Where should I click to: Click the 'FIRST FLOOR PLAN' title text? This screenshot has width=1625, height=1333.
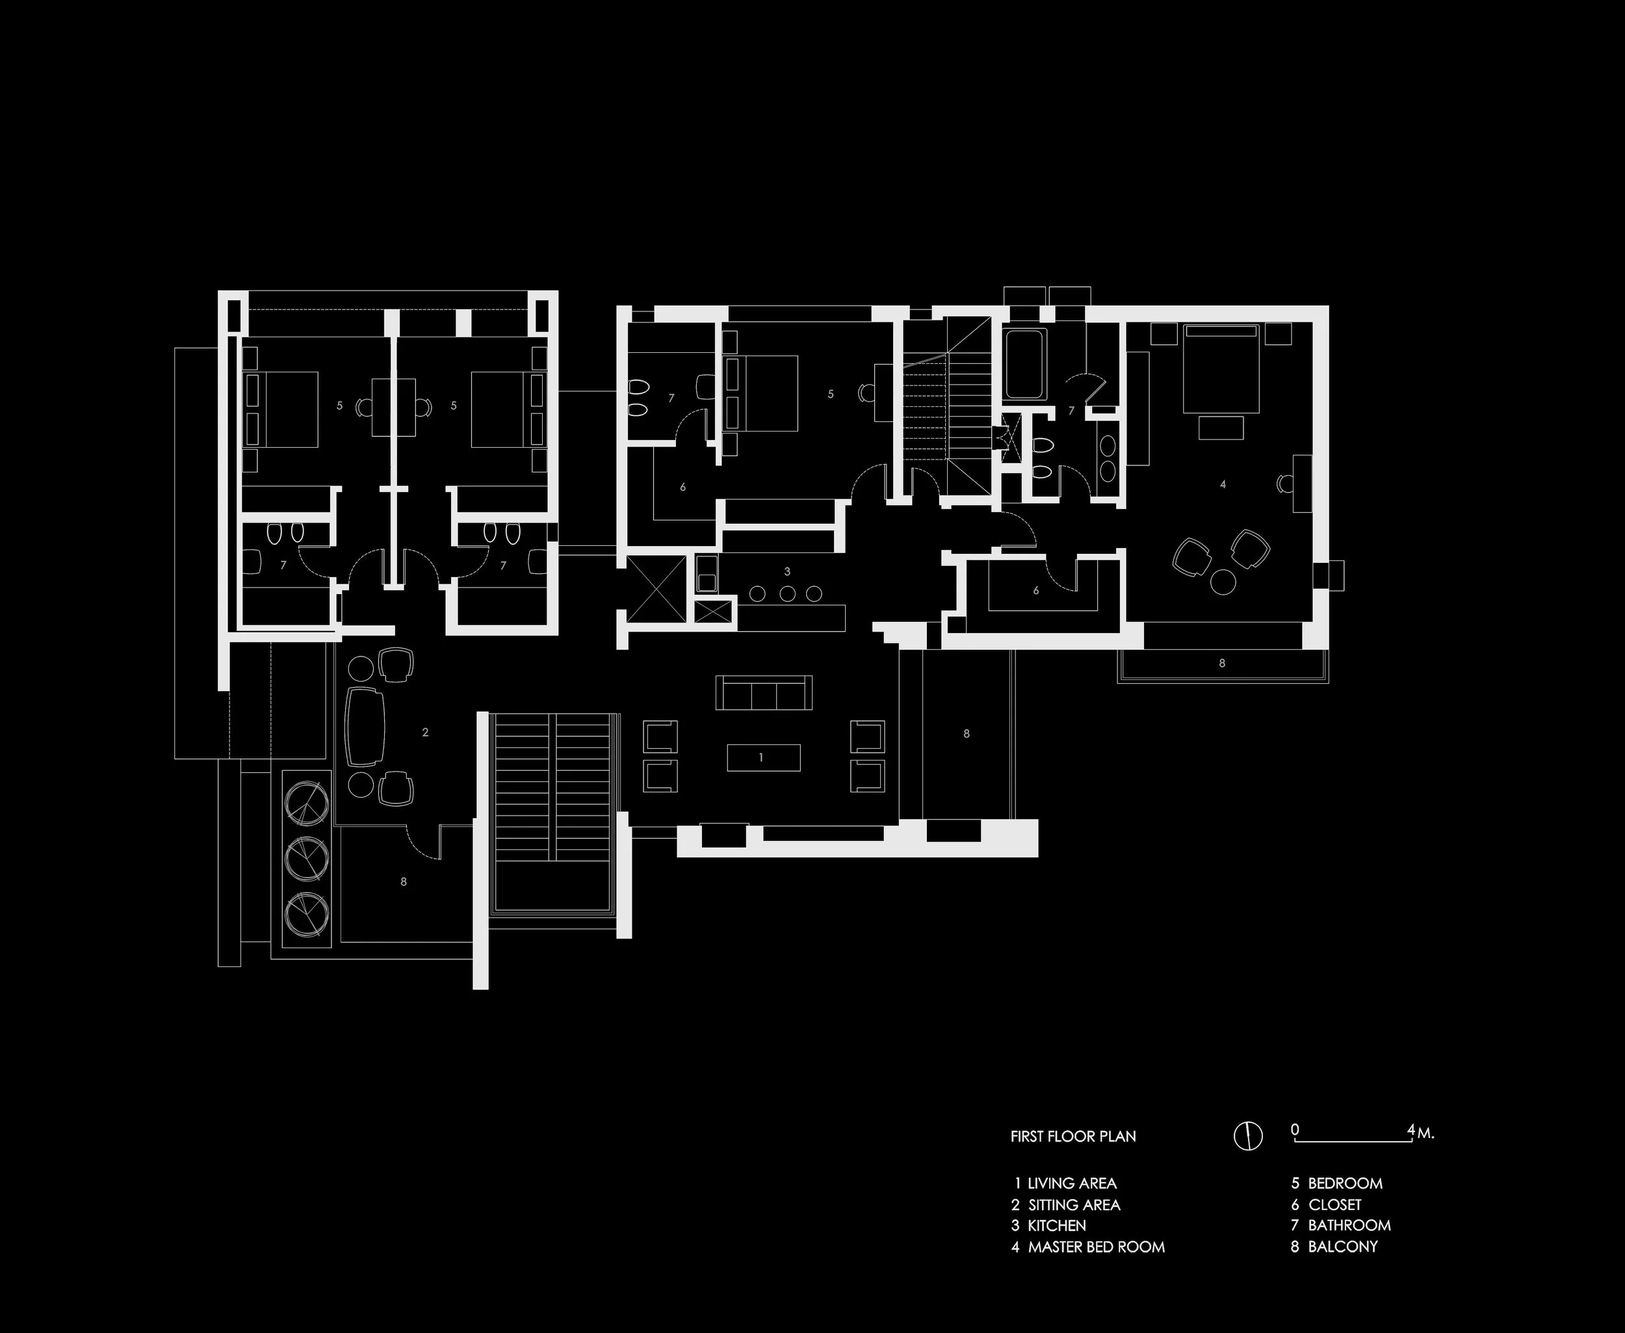[1073, 1137]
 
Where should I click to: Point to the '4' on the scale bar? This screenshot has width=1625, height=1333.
[1410, 1130]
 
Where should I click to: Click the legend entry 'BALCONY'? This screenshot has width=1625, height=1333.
[1342, 1247]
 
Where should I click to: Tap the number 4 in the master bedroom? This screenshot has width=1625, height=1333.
[1223, 484]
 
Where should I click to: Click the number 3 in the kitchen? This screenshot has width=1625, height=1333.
[787, 571]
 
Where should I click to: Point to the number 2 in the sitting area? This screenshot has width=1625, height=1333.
[426, 732]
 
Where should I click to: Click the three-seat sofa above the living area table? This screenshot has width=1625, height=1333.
[763, 693]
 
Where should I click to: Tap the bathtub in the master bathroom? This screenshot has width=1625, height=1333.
[1024, 364]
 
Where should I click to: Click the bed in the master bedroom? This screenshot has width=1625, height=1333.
[1221, 369]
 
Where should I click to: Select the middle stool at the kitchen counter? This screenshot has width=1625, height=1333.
[787, 593]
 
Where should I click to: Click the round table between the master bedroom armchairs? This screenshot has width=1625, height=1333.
[1223, 581]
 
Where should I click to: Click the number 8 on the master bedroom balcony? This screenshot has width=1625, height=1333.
[1222, 663]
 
